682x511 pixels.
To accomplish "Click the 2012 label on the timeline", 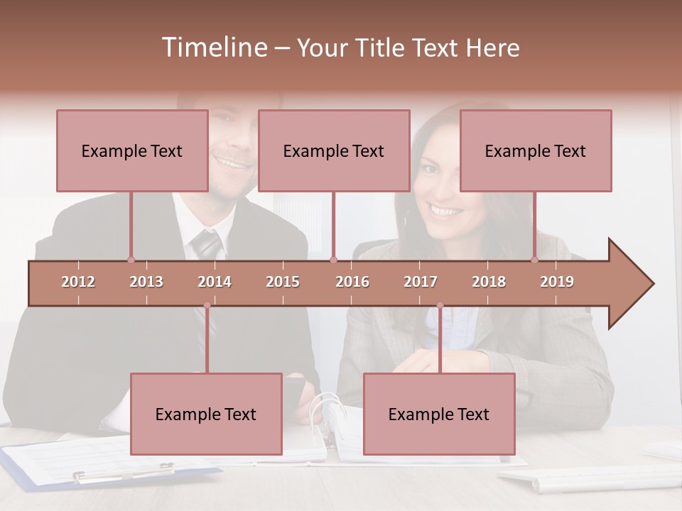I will tap(78, 282).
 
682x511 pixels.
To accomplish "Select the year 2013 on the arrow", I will tap(146, 282).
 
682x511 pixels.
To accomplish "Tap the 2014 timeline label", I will tap(215, 282).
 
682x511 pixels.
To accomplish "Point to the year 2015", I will tap(283, 282).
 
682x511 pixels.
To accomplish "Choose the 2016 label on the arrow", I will tap(352, 282).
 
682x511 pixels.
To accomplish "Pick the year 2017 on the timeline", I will tap(421, 282).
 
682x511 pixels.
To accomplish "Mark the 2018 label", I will tap(489, 282).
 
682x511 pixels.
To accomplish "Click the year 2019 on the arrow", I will tap(557, 282).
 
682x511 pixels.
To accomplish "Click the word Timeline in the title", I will tap(213, 48).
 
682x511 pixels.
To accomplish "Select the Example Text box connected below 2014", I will tap(206, 414).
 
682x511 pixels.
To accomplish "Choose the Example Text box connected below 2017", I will tap(439, 414).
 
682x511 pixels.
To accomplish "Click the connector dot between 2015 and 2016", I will tap(333, 260).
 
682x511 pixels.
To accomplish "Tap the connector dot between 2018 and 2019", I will tap(535, 260).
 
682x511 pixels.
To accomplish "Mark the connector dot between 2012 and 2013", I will tap(131, 260).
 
